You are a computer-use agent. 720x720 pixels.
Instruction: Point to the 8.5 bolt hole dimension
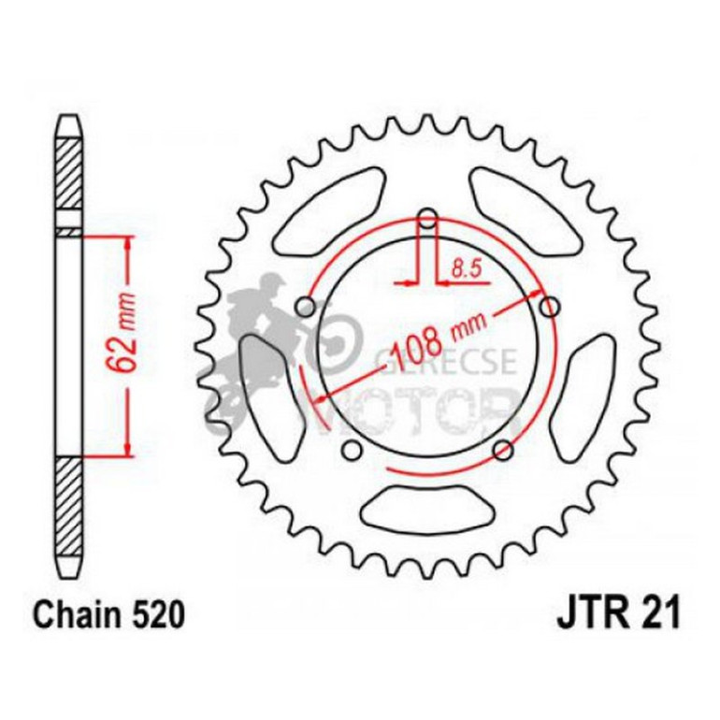coord(465,269)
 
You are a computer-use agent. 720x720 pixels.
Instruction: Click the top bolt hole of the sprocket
coord(428,221)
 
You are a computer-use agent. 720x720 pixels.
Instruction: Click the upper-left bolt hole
coord(305,306)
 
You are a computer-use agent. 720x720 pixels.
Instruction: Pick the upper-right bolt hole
coord(551,306)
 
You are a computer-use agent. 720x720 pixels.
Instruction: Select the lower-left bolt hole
coord(352,452)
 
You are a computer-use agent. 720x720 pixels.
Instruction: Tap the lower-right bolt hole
coord(504,452)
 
